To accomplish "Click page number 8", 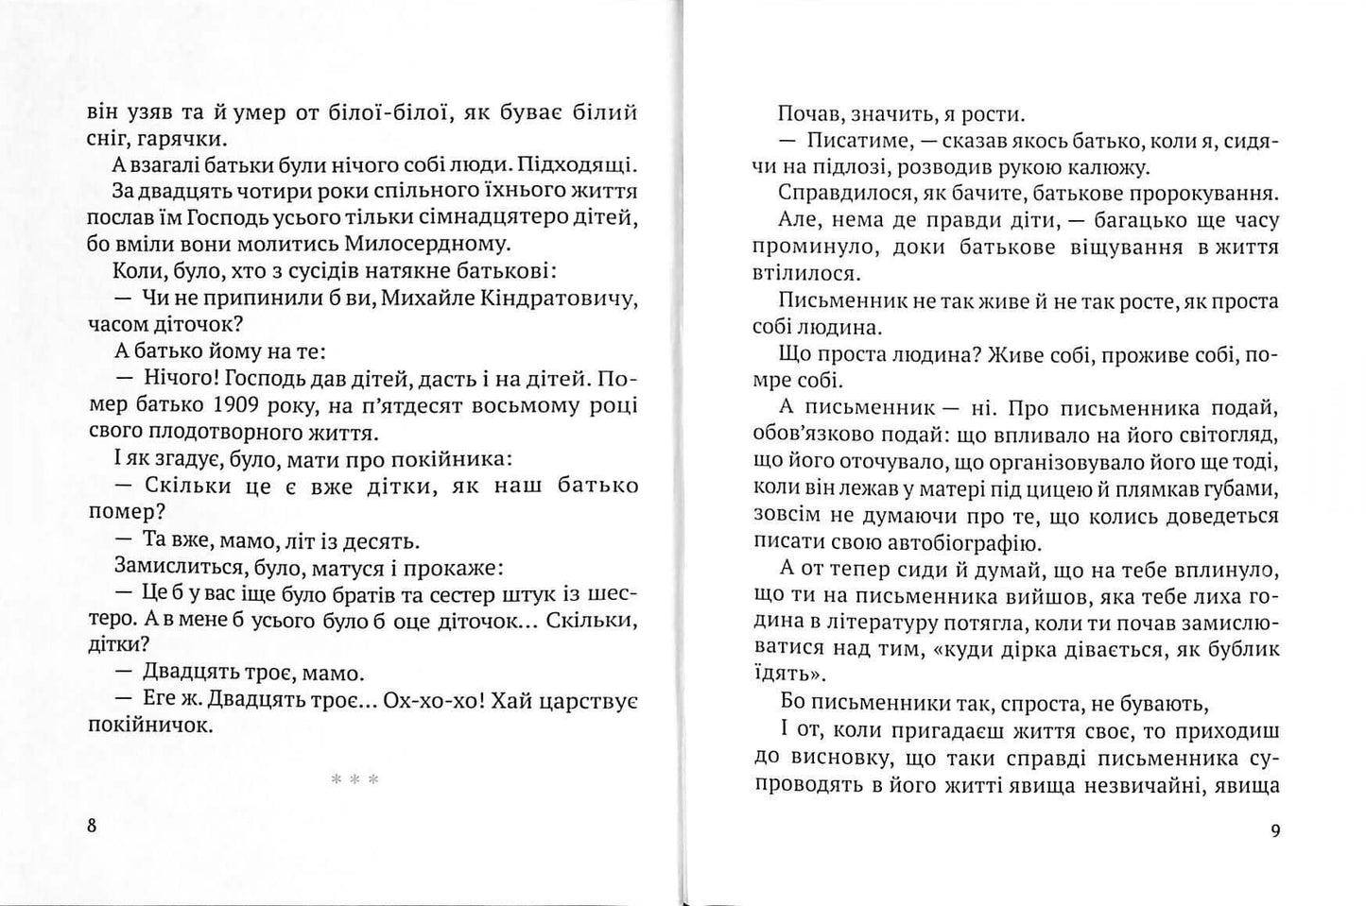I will pos(92,825).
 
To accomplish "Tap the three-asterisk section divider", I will pos(354,779).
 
